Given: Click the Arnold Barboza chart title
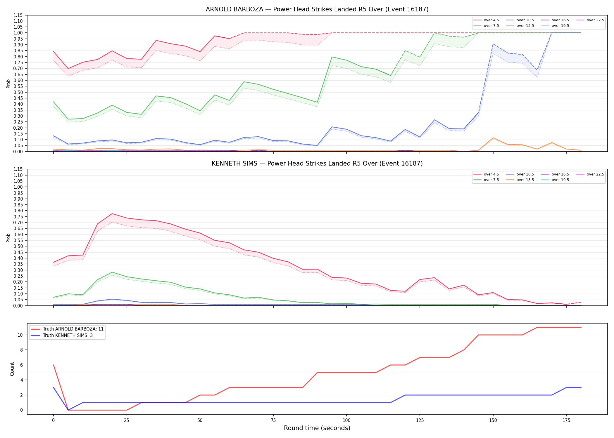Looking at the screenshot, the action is coord(317,9).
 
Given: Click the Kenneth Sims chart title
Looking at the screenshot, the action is coord(317,164).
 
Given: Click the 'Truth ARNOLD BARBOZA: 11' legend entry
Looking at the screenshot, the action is coord(67,329).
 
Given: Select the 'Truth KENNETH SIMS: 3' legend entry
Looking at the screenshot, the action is coord(62,336).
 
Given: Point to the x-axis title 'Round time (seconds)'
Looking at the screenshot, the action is coord(317,428).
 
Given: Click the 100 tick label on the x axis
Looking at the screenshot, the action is coord(346,420).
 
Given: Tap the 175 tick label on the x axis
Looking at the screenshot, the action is coord(566,420).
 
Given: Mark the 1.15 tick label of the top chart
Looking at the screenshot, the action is coord(18,15).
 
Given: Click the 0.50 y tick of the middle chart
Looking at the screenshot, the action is coord(18,246).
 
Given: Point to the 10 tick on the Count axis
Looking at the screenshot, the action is coord(20,335).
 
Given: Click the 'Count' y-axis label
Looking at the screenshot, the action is coord(12,369).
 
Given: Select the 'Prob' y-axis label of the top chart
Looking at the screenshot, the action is coord(8,84).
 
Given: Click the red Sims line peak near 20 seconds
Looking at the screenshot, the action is coord(112,213).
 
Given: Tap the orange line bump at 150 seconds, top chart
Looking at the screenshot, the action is coord(493,138).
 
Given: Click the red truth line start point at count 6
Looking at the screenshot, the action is coord(54,365).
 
